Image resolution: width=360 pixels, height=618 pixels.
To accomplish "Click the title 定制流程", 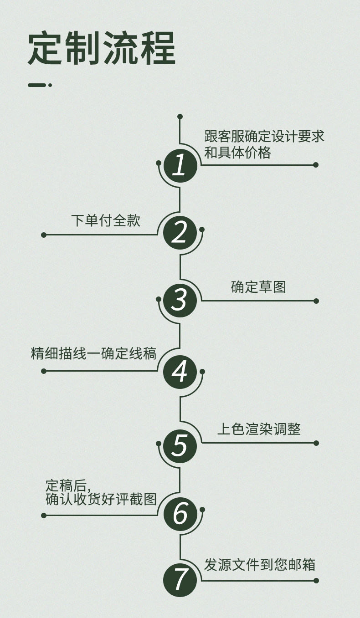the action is point(102,49).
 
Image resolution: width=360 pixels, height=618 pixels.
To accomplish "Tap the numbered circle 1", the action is point(180,166).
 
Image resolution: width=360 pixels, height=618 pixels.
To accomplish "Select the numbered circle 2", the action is point(180,233).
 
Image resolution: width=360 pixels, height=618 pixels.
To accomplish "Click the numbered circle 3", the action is point(180,300).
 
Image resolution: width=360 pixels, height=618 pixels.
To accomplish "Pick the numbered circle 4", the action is point(180,372).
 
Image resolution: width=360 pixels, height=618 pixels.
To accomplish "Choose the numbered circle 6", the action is point(180,513).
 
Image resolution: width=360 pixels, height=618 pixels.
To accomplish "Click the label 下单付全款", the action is point(106,220).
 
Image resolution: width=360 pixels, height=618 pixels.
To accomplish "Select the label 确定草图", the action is point(258,287).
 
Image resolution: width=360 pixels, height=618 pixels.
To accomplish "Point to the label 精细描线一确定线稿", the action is point(93,354).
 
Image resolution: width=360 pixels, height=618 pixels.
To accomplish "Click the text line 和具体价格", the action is point(237,153).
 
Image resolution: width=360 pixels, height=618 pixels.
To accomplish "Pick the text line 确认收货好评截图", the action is point(101,499).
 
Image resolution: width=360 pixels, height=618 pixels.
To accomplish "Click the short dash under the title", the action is point(40,85).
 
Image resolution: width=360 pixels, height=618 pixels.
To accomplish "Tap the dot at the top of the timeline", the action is point(180,117).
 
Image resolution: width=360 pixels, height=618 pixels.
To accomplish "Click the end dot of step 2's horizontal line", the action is point(44,235).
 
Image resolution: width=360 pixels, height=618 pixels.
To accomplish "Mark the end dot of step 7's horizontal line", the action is point(316,581).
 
